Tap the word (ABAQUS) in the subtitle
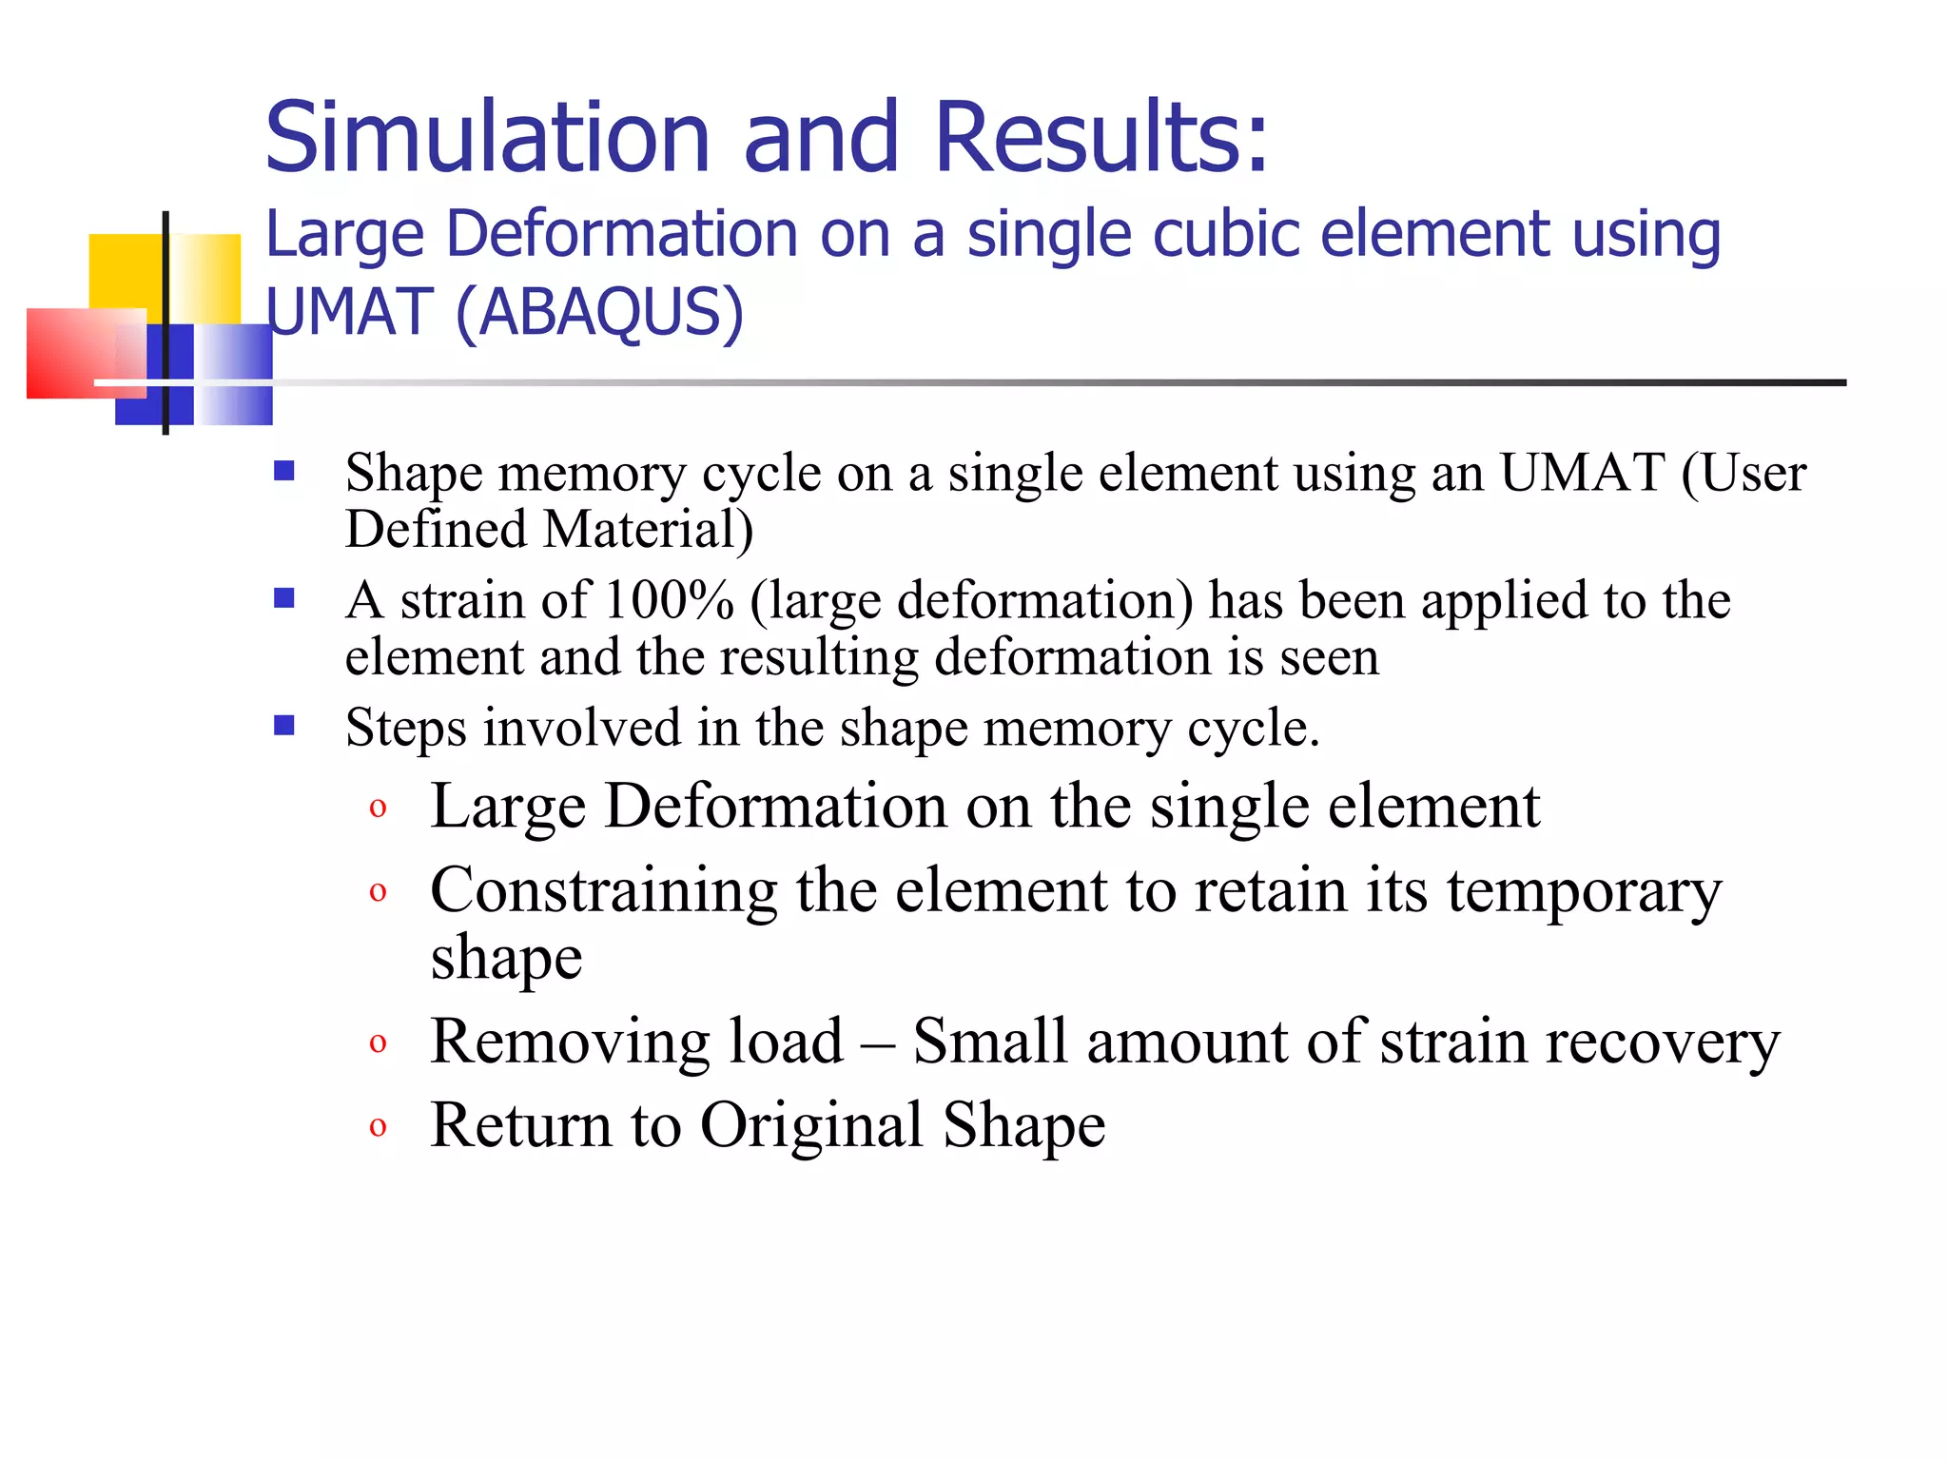click(x=599, y=312)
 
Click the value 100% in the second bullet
click(x=669, y=601)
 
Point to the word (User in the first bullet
click(x=1743, y=473)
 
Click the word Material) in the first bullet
click(x=648, y=529)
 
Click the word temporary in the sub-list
click(x=1584, y=891)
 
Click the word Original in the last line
click(x=811, y=1125)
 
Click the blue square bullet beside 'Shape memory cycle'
click(x=283, y=472)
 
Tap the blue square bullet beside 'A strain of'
click(x=283, y=598)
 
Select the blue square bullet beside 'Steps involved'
click(x=283, y=727)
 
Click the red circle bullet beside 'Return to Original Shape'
click(x=378, y=1127)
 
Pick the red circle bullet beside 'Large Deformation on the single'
click(x=378, y=808)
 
